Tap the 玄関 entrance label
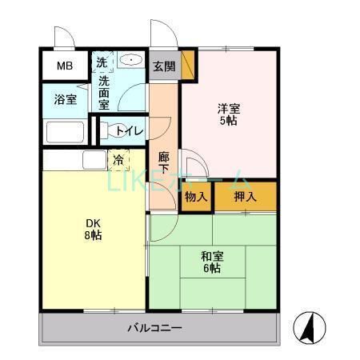coord(163,66)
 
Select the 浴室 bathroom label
coord(66,100)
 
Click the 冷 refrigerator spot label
coord(118,160)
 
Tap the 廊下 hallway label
coord(163,164)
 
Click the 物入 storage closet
coord(195,196)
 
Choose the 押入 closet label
coord(246,196)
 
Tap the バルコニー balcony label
coord(155,328)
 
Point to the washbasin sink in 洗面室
coord(130,61)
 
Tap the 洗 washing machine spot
coord(102,62)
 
